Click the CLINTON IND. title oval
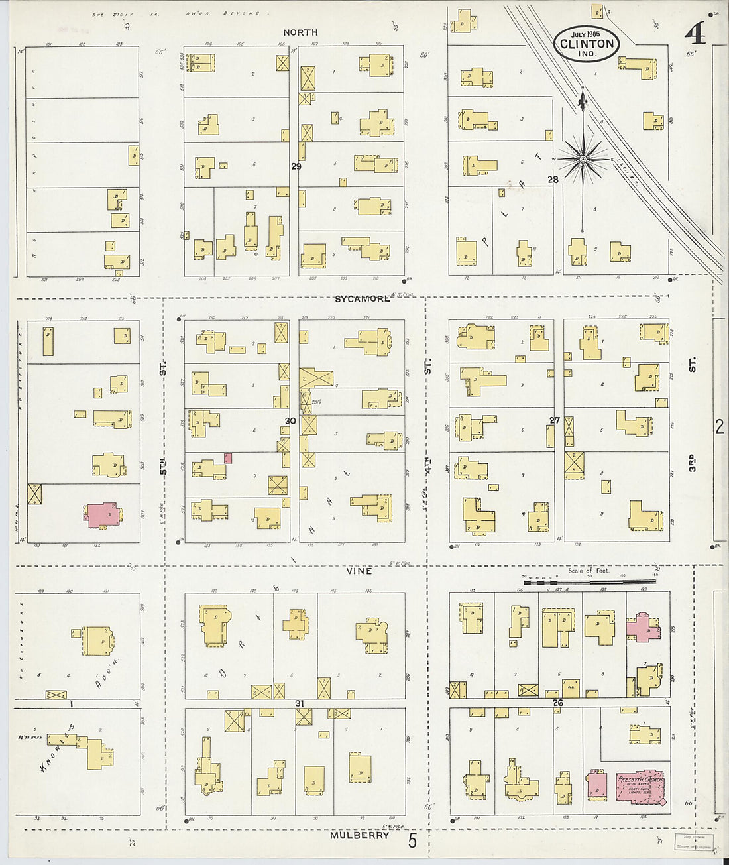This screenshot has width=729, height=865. pyautogui.click(x=587, y=44)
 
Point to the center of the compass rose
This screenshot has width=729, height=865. pyautogui.click(x=583, y=159)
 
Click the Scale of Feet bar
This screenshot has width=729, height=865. pyautogui.click(x=589, y=581)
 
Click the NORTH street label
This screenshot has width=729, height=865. pyautogui.click(x=300, y=32)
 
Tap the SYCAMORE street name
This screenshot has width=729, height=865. pyautogui.click(x=362, y=299)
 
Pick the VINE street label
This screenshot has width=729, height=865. pyautogui.click(x=359, y=571)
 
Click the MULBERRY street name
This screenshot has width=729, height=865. pyautogui.click(x=360, y=836)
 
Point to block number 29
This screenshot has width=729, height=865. pyautogui.click(x=296, y=166)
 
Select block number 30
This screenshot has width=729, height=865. pyautogui.click(x=290, y=421)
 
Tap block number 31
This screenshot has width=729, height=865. pyautogui.click(x=300, y=703)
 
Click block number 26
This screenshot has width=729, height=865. pyautogui.click(x=557, y=703)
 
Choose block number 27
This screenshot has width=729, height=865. pyautogui.click(x=555, y=420)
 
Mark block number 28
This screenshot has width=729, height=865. pyautogui.click(x=553, y=180)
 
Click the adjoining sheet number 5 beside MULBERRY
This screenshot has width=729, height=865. pyautogui.click(x=412, y=842)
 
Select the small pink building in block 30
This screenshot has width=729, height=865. pyautogui.click(x=228, y=457)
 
